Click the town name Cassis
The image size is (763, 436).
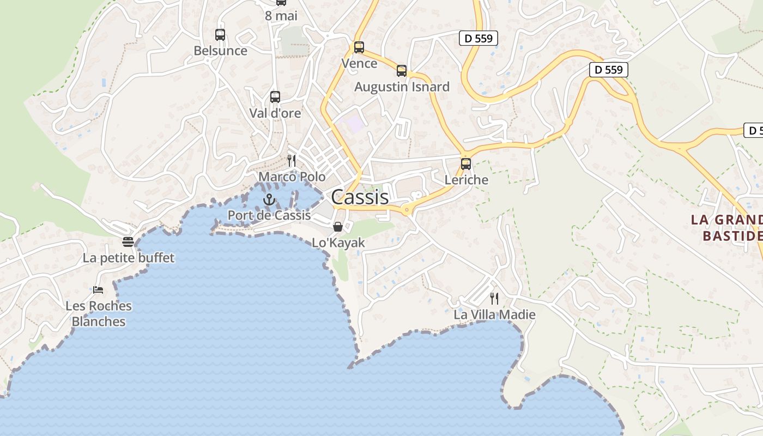pos(360,197)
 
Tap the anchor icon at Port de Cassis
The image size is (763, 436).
pos(268,199)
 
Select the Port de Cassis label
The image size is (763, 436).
pos(269,215)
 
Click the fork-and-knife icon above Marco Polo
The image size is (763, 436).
pos(292,160)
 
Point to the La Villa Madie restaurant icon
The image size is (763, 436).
pos(494,298)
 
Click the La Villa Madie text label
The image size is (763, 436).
pos(494,314)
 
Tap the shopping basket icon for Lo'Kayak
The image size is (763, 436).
pos(338,227)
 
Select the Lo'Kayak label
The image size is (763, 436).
pos(338,243)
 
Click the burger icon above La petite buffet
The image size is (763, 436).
pos(128,241)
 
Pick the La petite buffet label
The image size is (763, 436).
pos(128,258)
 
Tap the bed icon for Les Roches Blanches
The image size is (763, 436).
pos(98,289)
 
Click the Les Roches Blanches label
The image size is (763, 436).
pos(99,314)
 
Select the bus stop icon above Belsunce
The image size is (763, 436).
pos(220,35)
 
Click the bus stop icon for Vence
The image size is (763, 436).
pos(359,47)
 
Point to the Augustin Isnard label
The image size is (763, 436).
pos(402,87)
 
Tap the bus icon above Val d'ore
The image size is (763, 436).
pos(275,97)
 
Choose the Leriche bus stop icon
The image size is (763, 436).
pos(466,163)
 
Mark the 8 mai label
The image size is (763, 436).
pos(281,16)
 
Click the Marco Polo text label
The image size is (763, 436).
pos(292,177)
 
